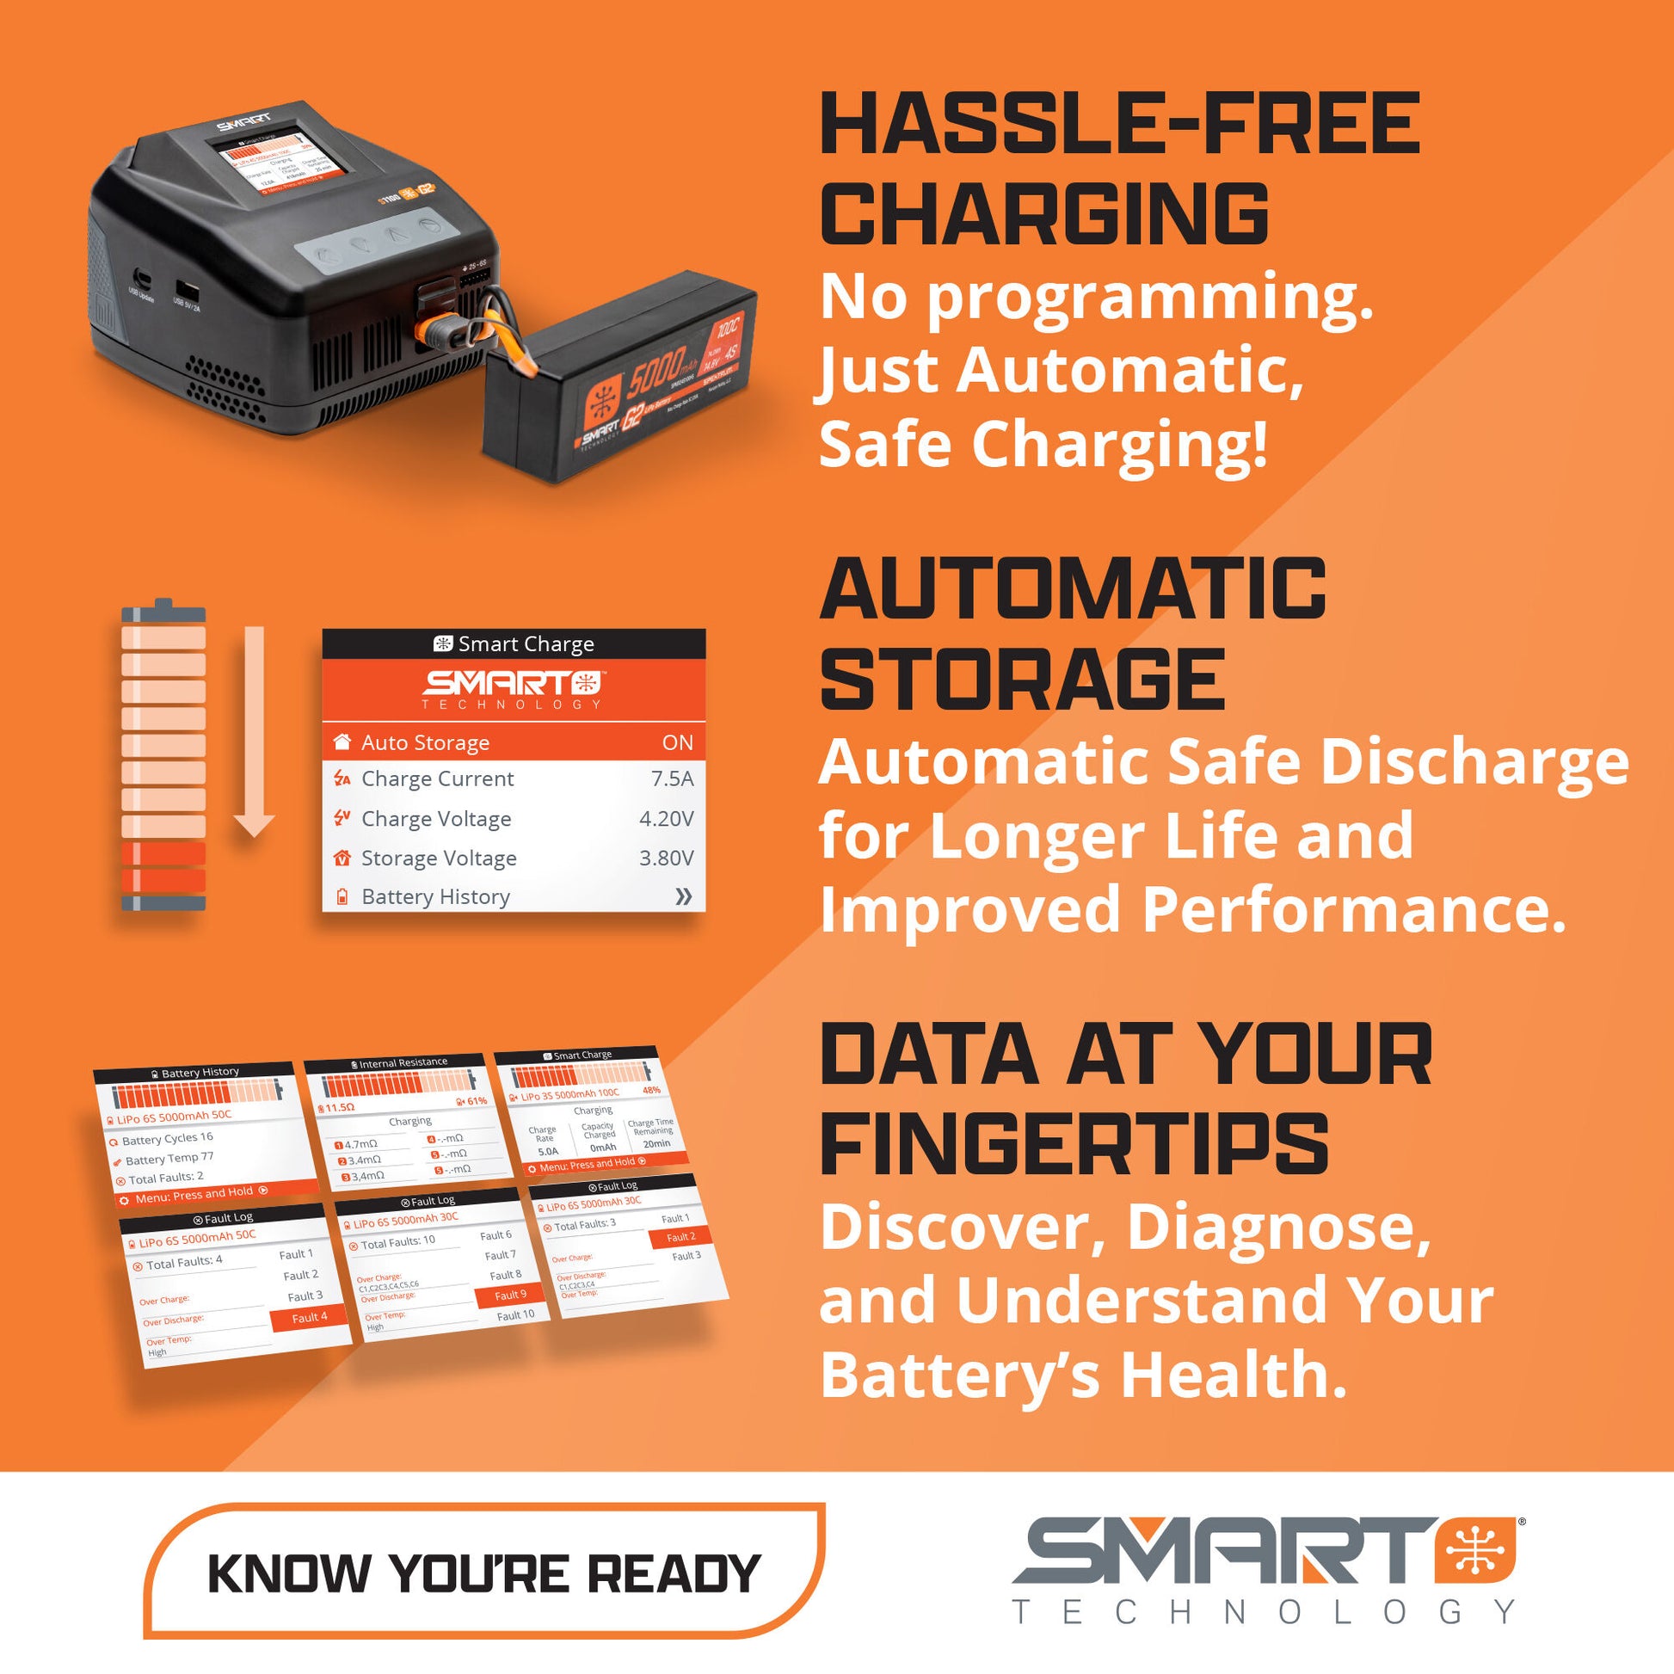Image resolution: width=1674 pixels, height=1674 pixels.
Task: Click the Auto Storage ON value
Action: pyautogui.click(x=677, y=742)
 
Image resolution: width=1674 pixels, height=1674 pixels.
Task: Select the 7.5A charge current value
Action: pyautogui.click(x=672, y=779)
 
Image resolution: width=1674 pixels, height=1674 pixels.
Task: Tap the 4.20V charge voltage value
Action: pyautogui.click(x=666, y=819)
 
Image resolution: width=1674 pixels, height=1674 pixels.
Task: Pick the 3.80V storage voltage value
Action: pyautogui.click(x=666, y=858)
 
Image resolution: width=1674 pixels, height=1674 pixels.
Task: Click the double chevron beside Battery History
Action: pyautogui.click(x=683, y=896)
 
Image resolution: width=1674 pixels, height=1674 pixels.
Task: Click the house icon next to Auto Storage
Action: pyautogui.click(x=342, y=742)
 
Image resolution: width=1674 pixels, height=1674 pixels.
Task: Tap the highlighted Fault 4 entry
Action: pyautogui.click(x=310, y=1318)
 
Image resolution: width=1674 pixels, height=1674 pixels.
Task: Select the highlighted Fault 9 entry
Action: pyautogui.click(x=510, y=1296)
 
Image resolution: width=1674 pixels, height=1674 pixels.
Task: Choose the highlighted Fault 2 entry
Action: pyautogui.click(x=681, y=1237)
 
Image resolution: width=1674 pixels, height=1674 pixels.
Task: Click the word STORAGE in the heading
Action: pyautogui.click(x=1023, y=681)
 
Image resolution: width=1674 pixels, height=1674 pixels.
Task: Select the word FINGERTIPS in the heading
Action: pyautogui.click(x=1074, y=1144)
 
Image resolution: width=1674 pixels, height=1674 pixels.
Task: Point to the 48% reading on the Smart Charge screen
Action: pyautogui.click(x=650, y=1091)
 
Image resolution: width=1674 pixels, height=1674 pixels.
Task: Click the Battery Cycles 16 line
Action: pyautogui.click(x=167, y=1139)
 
